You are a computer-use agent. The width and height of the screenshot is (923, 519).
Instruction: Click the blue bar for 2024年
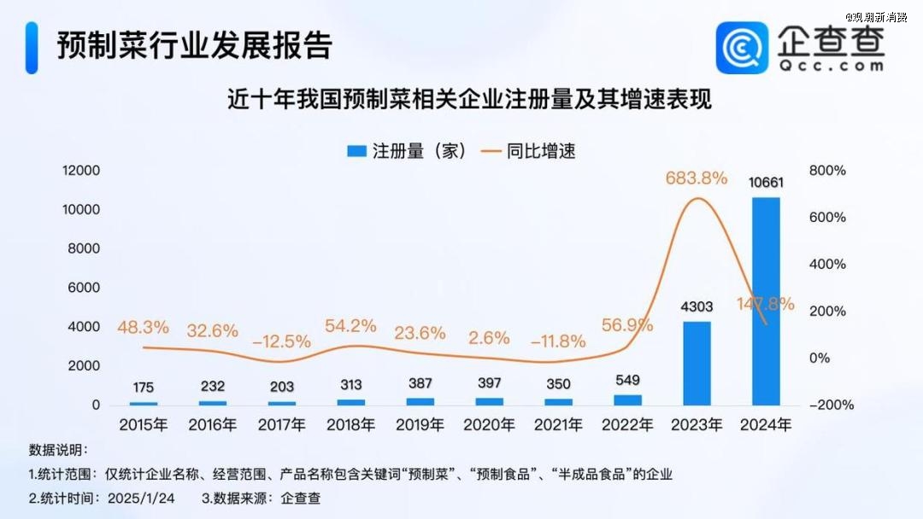766,300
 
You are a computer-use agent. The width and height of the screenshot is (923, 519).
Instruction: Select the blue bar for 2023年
697,363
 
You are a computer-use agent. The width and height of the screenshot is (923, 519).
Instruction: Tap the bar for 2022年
627,399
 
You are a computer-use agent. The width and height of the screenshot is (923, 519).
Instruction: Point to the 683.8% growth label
697,178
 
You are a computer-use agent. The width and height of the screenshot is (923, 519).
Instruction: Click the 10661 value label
766,183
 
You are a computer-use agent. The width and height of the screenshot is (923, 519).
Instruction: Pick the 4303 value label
697,306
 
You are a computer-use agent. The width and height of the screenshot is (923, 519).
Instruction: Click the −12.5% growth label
281,341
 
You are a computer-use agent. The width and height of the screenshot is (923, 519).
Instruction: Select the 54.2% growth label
351,325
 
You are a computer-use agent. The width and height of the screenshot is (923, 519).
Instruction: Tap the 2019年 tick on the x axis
420,424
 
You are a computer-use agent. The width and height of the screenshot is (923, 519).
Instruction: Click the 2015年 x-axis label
144,424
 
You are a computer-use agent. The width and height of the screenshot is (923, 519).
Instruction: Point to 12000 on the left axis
81,171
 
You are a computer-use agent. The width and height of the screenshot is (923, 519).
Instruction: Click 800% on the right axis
827,171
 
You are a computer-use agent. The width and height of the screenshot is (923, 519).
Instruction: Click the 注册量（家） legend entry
407,151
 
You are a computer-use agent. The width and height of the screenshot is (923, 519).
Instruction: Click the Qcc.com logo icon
742,48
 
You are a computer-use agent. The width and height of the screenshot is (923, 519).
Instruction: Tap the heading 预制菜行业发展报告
194,46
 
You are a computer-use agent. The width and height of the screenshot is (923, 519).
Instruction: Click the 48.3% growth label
144,327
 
